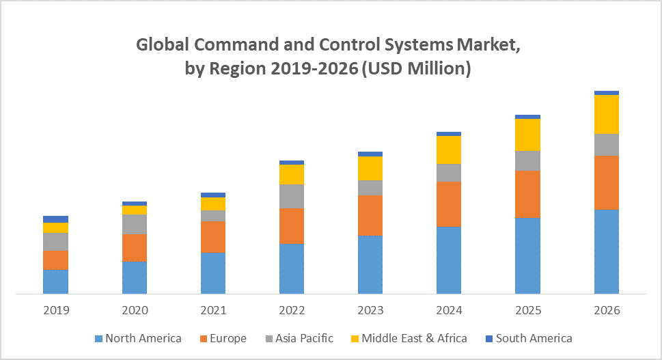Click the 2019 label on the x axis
(56, 310)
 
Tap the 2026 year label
(607, 310)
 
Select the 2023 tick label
(370, 310)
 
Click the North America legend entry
(139, 338)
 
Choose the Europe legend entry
(223, 338)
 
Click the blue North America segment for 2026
(607, 251)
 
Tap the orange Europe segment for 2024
(449, 204)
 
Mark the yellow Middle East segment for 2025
(528, 135)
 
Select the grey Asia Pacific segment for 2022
(292, 196)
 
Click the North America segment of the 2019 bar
(56, 281)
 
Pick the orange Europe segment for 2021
(213, 236)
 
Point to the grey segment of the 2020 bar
(135, 224)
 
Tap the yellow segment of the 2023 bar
(370, 168)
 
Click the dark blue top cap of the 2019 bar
(56, 219)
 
